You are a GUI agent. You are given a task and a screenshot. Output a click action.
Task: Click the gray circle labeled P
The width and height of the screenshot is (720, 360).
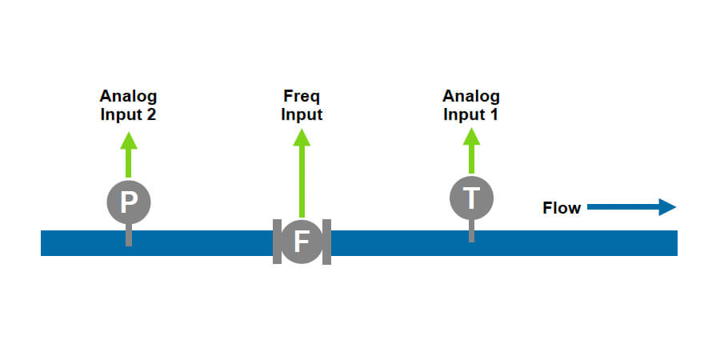point(128,202)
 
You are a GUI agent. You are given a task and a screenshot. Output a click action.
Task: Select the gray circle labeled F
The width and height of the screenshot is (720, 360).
point(302,241)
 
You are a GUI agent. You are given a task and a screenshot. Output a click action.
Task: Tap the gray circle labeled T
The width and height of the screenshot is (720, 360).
point(471,197)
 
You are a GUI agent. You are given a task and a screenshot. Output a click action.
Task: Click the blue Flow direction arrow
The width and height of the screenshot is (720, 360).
point(632,208)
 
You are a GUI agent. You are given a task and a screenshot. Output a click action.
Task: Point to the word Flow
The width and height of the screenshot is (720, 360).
point(562,209)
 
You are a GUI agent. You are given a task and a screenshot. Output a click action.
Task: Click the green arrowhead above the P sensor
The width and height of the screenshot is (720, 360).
point(128,141)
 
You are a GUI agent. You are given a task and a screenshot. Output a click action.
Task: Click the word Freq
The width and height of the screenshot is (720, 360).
point(302,97)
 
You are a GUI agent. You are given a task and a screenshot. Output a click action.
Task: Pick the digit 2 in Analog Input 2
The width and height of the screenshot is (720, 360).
point(150,114)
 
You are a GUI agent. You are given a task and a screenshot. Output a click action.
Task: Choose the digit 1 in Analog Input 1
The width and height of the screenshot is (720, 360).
point(494,114)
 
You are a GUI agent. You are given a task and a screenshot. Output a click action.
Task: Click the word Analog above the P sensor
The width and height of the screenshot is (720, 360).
point(128,97)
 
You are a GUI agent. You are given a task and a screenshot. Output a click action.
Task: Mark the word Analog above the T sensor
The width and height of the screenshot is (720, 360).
point(471,97)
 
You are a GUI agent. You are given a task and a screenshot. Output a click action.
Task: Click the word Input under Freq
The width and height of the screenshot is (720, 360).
point(302,114)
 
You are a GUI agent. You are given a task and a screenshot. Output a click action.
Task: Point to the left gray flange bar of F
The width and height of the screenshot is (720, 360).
point(276,241)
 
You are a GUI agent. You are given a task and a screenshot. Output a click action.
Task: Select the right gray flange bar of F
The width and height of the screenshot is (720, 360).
point(326,241)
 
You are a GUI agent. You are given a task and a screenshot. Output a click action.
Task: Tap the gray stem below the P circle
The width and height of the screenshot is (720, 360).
point(128,235)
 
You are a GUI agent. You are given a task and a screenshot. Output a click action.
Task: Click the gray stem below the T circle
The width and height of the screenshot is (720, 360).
point(471,230)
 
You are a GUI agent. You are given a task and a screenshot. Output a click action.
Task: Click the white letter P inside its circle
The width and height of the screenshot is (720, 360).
point(128,202)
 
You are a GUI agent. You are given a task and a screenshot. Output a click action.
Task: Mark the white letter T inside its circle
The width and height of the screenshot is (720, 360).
point(471,198)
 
